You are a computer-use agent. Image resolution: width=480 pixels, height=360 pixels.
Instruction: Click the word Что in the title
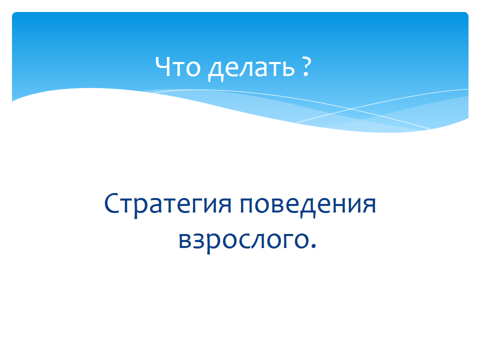tap(178, 66)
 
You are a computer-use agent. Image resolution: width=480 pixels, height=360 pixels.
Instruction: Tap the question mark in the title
tap(306, 66)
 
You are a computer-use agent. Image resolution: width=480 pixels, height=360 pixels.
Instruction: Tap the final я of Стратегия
tap(225, 205)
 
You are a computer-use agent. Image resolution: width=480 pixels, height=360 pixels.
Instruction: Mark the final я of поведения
tap(369, 205)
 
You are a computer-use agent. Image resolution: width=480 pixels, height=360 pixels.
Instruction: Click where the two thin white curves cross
tap(351, 108)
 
